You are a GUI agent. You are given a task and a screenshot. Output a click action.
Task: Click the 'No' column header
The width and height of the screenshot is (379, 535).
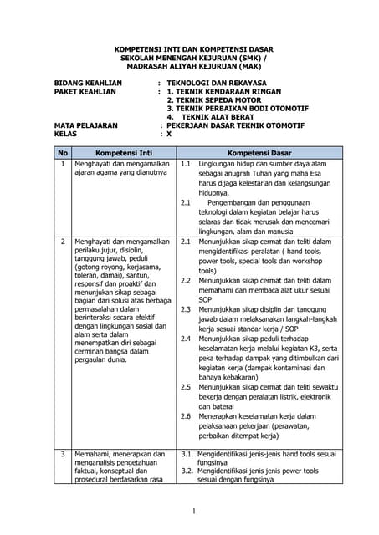[63, 154]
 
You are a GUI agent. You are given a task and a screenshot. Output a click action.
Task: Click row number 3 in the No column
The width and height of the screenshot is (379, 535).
[63, 453]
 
